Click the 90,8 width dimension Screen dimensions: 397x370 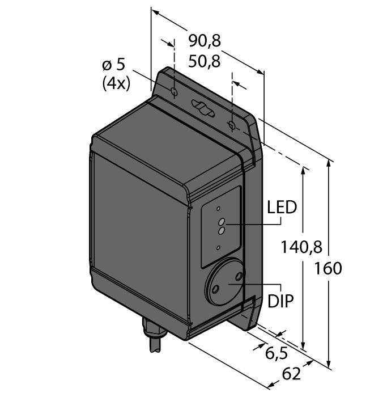click(205, 40)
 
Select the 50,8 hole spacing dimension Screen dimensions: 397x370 click(205, 61)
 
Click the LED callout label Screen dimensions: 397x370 click(282, 207)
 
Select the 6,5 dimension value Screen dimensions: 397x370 click(277, 353)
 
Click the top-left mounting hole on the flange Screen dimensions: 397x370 click(175, 92)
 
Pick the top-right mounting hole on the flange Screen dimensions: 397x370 click(232, 125)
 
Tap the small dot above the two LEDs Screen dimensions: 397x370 click(218, 209)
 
